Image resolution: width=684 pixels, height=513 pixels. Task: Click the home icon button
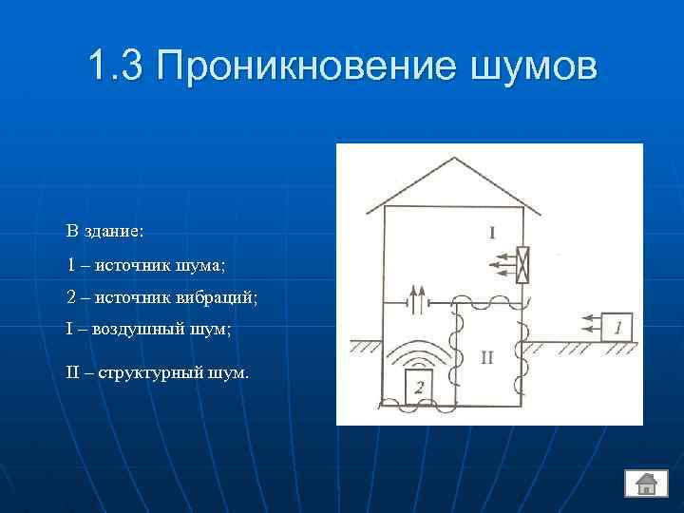(x=646, y=483)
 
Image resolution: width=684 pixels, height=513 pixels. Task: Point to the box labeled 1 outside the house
(x=617, y=328)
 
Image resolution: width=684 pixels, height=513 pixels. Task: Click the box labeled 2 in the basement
(x=419, y=385)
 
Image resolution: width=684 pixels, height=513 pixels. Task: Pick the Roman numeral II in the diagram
(x=486, y=357)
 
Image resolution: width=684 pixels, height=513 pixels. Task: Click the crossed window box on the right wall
(x=522, y=265)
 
